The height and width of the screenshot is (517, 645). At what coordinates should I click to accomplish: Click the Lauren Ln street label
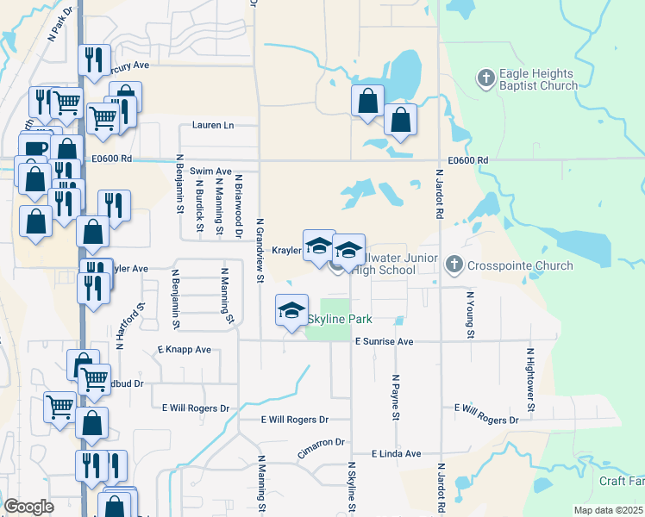tap(213, 126)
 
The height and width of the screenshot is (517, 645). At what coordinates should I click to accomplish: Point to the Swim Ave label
tap(211, 171)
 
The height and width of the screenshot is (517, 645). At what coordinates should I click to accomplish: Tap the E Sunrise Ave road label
tap(385, 341)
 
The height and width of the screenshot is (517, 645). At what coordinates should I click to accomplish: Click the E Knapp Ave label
tap(184, 350)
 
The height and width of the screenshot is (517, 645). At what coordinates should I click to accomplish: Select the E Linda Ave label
tap(396, 453)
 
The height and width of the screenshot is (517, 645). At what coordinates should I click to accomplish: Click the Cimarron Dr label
tap(321, 441)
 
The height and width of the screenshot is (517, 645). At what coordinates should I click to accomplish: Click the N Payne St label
tap(397, 397)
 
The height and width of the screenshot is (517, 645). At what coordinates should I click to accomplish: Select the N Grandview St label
tap(260, 250)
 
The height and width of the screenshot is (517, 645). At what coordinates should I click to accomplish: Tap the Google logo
tap(28, 507)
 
